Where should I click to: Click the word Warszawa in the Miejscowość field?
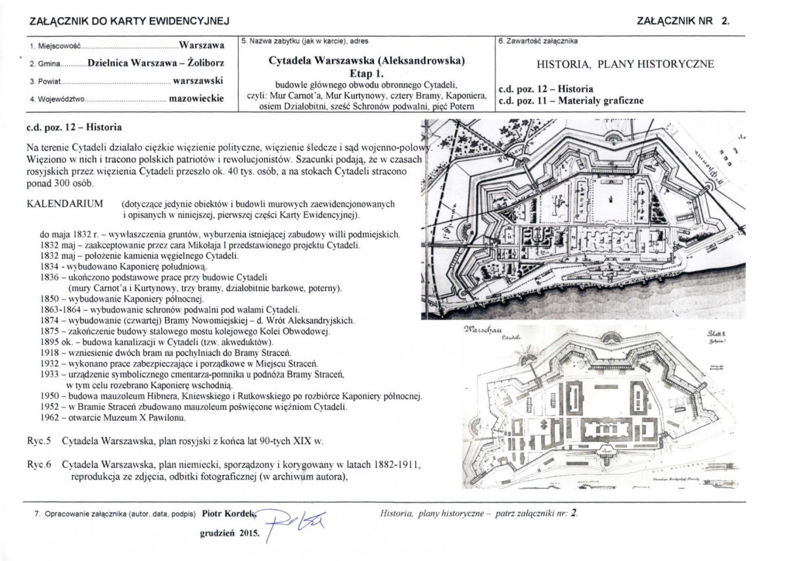tap(201, 47)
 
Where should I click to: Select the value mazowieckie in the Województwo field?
tap(196, 99)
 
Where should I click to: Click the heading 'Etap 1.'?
tap(366, 73)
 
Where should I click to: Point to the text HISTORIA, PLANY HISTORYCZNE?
tap(625, 64)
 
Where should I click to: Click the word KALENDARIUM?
tap(64, 204)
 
